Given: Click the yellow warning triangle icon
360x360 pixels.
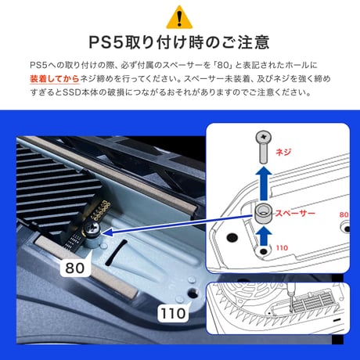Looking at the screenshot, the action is point(179,18).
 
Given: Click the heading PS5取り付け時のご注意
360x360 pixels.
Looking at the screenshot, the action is point(179,42).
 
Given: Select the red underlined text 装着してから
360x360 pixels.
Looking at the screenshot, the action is point(55,79).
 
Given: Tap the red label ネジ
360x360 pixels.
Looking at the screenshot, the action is point(283,152).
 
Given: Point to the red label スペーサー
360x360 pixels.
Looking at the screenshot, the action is point(296,213).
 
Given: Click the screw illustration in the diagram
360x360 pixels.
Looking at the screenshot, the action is point(264,147).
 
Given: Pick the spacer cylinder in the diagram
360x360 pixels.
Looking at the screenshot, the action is point(263,214).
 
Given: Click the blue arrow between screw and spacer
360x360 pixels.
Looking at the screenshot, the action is point(264,184).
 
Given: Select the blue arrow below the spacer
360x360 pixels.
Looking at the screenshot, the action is point(264,236).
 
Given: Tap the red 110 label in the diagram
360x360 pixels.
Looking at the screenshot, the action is point(282,247).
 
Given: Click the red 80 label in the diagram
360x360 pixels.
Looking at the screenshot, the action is point(344,214).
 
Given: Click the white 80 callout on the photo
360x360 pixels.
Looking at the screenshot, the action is point(75,268).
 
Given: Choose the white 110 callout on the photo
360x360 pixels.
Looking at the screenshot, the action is point(173,313).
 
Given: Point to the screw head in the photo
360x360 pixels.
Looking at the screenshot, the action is point(92,229).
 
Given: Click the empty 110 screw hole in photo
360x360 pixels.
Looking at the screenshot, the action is point(193,293).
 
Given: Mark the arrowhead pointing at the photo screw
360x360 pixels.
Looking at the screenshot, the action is point(107,232).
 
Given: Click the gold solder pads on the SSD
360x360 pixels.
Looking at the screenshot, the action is point(101,210).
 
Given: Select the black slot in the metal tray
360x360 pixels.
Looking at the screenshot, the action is point(116,253).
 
